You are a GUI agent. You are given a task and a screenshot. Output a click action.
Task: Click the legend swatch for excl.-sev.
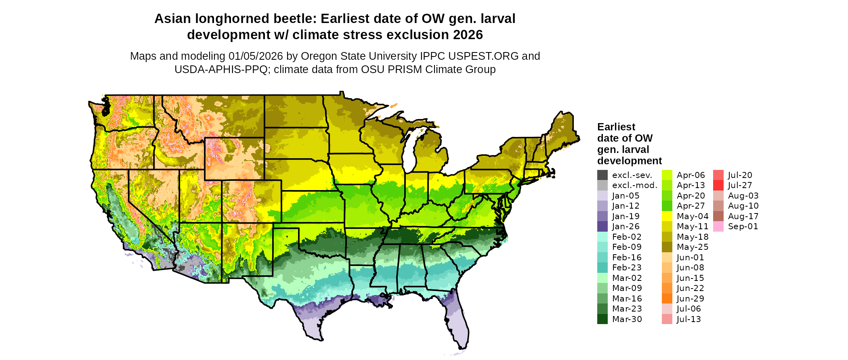pyautogui.click(x=602, y=175)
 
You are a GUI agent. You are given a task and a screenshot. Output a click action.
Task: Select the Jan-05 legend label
pyautogui.click(x=626, y=196)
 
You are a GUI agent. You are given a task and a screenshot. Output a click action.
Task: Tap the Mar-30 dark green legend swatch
pyautogui.click(x=602, y=319)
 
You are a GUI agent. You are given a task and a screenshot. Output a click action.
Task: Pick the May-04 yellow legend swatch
pyautogui.click(x=667, y=216)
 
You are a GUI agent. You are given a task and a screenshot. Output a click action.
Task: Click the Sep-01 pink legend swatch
pyautogui.click(x=718, y=226)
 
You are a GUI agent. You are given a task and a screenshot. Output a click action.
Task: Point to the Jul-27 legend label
pyautogui.click(x=740, y=185)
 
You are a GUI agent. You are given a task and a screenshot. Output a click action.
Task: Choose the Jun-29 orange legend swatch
pyautogui.click(x=667, y=299)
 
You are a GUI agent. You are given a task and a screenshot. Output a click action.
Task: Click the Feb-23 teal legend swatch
pyautogui.click(x=602, y=268)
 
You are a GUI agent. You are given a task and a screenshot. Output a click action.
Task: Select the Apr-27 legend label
pyautogui.click(x=691, y=206)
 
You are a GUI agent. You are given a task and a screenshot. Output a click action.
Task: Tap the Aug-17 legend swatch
pyautogui.click(x=718, y=216)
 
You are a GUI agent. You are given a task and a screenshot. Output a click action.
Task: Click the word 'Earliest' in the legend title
pyautogui.click(x=616, y=127)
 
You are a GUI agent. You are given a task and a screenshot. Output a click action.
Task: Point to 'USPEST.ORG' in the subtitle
pyautogui.click(x=488, y=56)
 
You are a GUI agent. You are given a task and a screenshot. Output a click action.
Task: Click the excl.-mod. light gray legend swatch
pyautogui.click(x=602, y=185)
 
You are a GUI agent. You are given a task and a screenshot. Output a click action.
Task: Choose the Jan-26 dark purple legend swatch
pyautogui.click(x=602, y=226)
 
